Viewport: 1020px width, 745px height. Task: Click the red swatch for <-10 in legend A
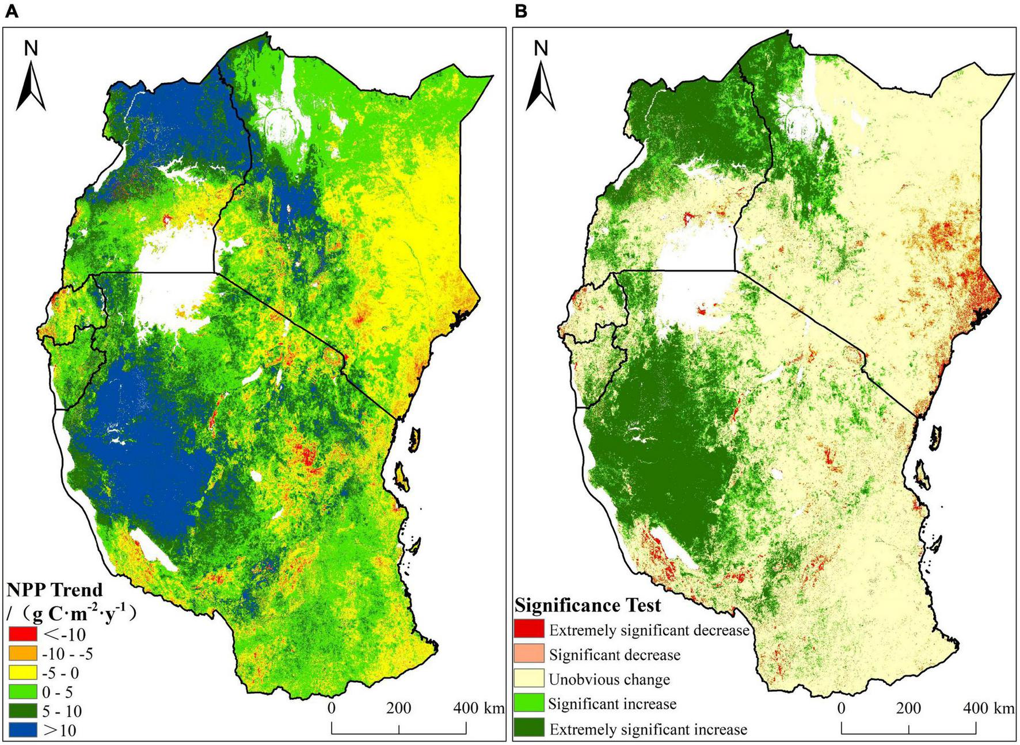tap(22, 635)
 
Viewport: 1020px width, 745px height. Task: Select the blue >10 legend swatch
tap(22, 729)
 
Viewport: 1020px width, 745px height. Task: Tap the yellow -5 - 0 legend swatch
tap(22, 673)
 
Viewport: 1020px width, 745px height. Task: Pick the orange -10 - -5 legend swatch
tap(22, 654)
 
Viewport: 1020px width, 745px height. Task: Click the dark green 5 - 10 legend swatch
tap(22, 710)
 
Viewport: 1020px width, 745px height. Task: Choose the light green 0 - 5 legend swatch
tap(22, 691)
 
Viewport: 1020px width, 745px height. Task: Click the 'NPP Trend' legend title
tap(55, 590)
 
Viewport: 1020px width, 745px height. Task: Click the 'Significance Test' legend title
tap(588, 605)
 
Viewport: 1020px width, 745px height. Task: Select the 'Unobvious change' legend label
tap(609, 679)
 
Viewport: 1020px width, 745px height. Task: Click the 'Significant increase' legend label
tap(612, 704)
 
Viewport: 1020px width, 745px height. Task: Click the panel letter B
tap(521, 12)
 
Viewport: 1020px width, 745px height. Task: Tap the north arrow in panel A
tap(31, 86)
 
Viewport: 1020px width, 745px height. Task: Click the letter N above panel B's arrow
tap(541, 49)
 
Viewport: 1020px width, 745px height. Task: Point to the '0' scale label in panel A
tap(332, 708)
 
